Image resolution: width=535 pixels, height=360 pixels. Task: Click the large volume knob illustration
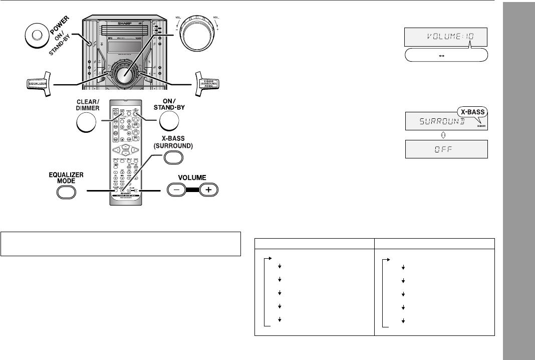pos(197,37)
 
